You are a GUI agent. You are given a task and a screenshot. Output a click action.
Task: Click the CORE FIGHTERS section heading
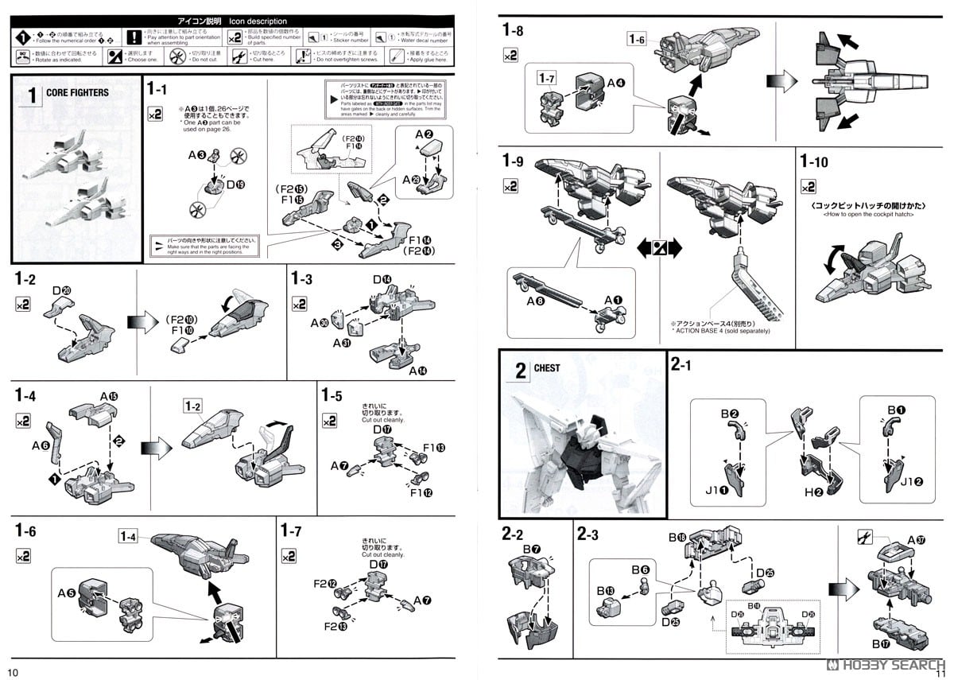point(77,92)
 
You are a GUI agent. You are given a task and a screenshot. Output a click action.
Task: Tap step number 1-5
point(332,395)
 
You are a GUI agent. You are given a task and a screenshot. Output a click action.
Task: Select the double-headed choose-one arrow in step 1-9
point(659,248)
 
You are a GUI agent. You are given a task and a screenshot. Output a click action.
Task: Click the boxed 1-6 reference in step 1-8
point(638,38)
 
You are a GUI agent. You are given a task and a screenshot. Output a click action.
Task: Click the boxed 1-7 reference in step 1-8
point(546,78)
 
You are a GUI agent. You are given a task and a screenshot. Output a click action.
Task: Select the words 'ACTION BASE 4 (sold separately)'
point(720,331)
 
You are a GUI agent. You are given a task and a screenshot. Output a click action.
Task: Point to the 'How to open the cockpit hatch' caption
point(869,215)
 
